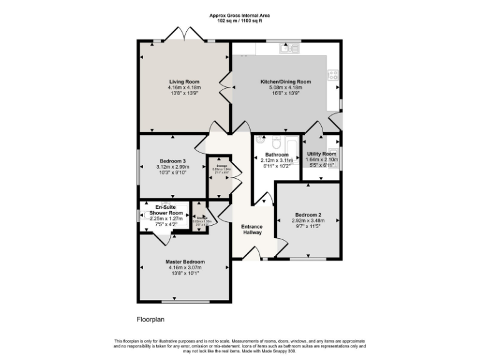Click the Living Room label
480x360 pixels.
(x=184, y=81)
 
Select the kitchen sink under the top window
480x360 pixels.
(x=289, y=47)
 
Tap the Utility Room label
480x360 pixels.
(x=321, y=154)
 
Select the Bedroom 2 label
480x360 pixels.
(x=307, y=215)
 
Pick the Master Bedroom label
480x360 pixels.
(x=185, y=262)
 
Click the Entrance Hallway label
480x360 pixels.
(x=252, y=229)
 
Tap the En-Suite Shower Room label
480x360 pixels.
(x=166, y=209)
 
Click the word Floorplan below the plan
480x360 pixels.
(x=150, y=318)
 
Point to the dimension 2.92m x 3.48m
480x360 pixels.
(x=307, y=221)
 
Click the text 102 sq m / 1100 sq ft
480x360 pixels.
(x=240, y=19)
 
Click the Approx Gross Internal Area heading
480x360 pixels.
(x=240, y=14)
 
